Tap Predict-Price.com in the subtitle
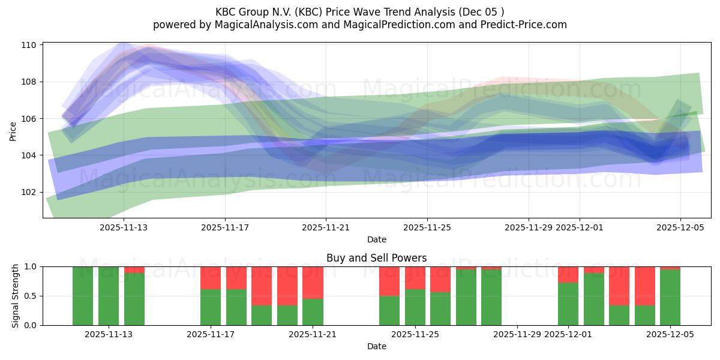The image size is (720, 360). tap(519, 25)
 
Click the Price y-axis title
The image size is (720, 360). tap(13, 130)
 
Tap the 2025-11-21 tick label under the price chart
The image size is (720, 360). tap(326, 227)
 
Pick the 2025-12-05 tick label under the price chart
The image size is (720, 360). tap(680, 227)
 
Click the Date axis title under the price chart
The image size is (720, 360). tap(376, 240)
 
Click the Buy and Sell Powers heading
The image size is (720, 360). tap(376, 258)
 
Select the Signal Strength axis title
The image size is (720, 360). tap(16, 295)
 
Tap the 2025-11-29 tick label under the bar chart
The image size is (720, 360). tap(517, 335)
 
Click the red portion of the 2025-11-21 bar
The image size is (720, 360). tap(313, 282)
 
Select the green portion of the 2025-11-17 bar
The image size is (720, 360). tap(211, 307)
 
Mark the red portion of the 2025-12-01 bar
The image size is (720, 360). tap(568, 274)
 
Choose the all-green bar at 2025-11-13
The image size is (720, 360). tap(109, 296)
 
